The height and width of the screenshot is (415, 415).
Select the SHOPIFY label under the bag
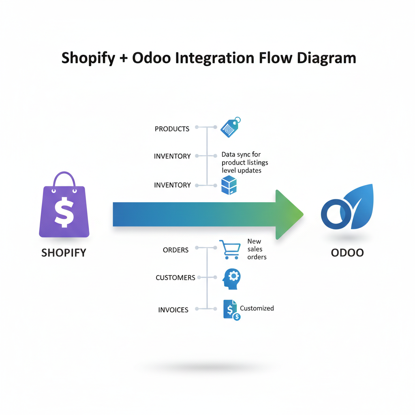tap(64, 253)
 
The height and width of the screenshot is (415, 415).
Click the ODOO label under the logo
tap(347, 253)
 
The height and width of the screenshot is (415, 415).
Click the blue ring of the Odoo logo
tap(336, 214)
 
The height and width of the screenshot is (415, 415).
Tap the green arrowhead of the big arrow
tap(289, 214)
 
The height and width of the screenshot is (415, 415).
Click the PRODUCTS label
tap(172, 129)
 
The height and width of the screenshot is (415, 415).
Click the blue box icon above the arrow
tap(229, 185)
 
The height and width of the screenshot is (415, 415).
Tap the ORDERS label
tap(175, 250)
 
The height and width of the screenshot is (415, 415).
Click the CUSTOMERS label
tap(175, 278)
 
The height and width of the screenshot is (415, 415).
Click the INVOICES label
tap(173, 310)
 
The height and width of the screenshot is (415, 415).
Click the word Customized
tap(257, 308)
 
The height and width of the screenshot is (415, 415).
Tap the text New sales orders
tap(257, 249)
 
